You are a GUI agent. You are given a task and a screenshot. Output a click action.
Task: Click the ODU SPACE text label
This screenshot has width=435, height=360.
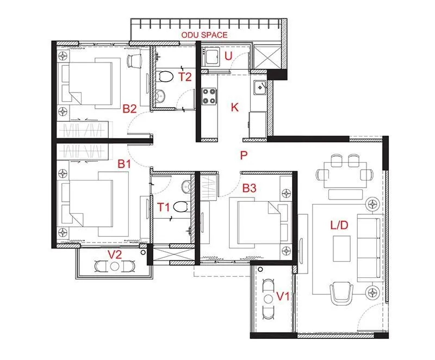click(x=205, y=35)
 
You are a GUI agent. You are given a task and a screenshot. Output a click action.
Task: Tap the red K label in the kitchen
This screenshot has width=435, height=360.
click(x=235, y=107)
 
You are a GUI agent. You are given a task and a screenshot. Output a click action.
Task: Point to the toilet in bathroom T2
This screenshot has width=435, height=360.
click(x=166, y=77)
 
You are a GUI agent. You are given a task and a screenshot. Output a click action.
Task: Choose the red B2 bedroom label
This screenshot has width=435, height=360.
click(x=129, y=109)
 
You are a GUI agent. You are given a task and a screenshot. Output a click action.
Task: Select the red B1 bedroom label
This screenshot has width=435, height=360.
click(x=125, y=163)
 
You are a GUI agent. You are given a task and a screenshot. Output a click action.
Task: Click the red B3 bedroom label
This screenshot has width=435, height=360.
click(x=250, y=189)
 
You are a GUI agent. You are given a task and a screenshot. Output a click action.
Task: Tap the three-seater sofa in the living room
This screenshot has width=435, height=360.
click(x=373, y=245)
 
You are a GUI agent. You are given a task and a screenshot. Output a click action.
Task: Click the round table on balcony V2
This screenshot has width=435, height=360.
click(x=114, y=266)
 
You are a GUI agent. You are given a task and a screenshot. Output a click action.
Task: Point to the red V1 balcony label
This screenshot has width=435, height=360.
click(x=283, y=296)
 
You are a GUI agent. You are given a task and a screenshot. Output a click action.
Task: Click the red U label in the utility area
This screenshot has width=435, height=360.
click(x=228, y=55)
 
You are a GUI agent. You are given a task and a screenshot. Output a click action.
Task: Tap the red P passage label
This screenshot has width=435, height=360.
click(x=244, y=155)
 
